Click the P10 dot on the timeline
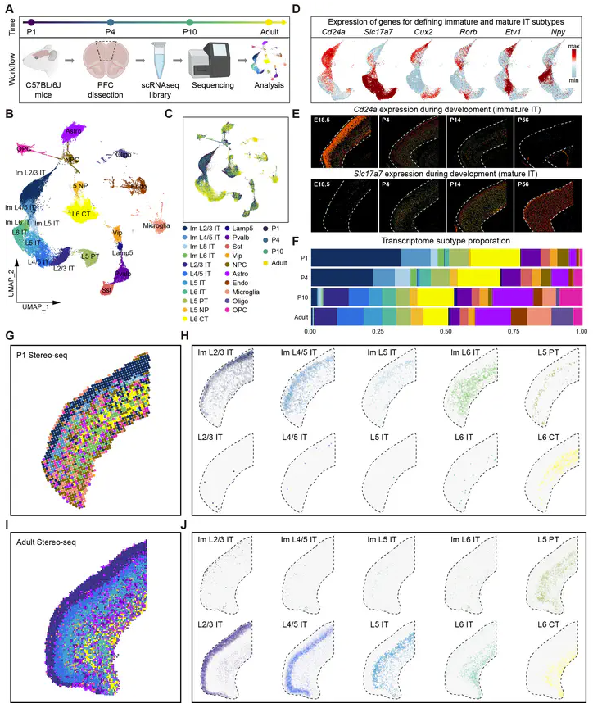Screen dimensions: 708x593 coord(190,22)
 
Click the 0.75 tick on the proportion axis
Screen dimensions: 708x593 coord(513,330)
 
